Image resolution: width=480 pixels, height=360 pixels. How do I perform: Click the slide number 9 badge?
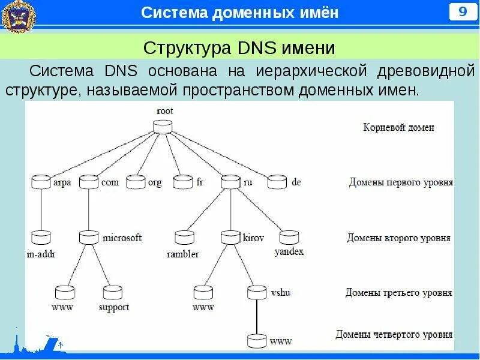point(463,12)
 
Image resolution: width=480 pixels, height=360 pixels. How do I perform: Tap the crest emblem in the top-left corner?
point(18,16)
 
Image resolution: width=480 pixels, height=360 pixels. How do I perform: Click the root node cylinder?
point(161,127)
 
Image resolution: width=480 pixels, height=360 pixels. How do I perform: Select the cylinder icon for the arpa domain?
point(40,182)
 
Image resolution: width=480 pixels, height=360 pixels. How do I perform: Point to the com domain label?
point(110,182)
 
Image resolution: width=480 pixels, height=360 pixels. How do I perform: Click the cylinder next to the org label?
point(135,182)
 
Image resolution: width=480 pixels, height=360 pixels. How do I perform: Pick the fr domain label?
point(200,182)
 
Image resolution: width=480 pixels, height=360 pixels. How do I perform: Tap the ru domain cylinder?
point(230,182)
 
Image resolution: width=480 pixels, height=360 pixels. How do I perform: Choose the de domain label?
point(296,182)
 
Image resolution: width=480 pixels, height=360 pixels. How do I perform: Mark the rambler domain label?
point(182,254)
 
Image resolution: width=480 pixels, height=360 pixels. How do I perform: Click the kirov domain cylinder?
point(230,238)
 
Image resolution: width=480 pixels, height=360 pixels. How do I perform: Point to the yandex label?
point(289,252)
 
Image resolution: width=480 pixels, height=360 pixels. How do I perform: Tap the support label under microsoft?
point(114,308)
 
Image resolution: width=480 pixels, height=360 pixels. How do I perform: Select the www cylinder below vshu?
point(257,341)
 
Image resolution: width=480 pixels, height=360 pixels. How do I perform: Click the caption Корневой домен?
point(398,127)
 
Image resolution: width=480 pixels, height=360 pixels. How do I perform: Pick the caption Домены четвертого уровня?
point(394,335)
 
